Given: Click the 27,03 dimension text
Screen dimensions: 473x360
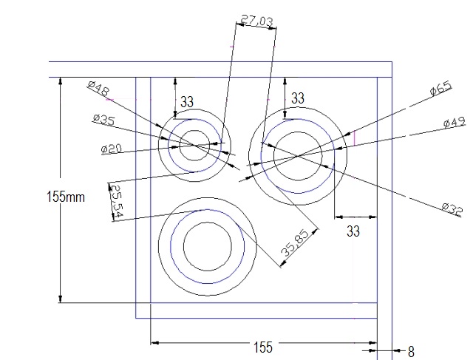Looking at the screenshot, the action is click(x=257, y=21).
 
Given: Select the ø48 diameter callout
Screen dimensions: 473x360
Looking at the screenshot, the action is click(x=98, y=88).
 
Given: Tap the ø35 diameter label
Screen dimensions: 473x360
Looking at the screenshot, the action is click(x=104, y=119).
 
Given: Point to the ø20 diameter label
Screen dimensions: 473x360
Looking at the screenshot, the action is click(x=112, y=149).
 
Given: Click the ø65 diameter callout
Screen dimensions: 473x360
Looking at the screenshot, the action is click(x=440, y=88).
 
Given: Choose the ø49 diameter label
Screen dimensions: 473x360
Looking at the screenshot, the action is click(x=455, y=122).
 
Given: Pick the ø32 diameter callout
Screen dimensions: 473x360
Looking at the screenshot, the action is click(x=452, y=209).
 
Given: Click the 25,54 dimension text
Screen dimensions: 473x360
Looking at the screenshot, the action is click(x=118, y=201).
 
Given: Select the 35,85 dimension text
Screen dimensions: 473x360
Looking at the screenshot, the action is click(x=295, y=243).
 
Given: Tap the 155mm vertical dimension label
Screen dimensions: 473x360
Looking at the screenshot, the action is click(x=66, y=197).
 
